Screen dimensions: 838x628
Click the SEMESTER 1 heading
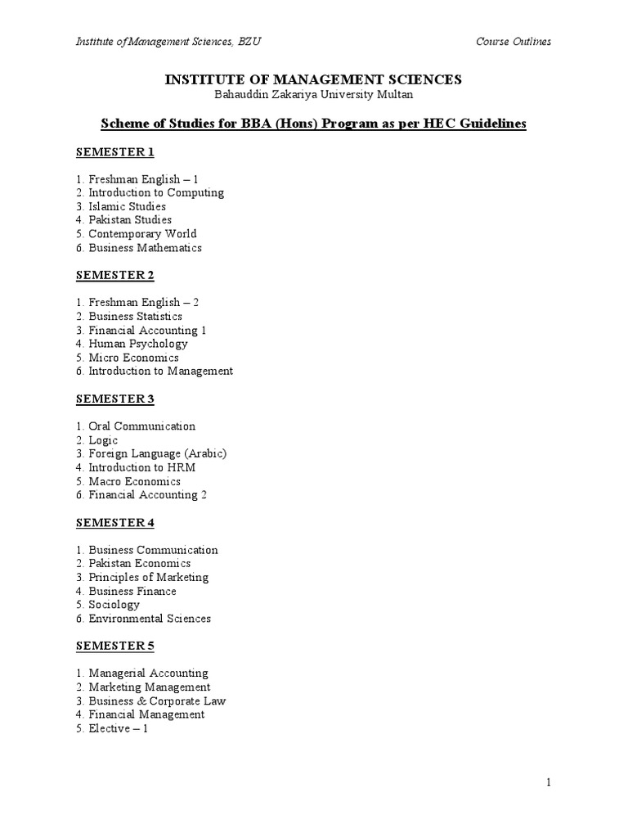coord(114,152)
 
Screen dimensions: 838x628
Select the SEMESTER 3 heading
coord(114,399)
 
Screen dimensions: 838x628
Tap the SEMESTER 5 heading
coord(114,647)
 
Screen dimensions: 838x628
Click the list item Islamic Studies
coord(127,206)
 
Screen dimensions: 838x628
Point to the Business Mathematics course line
coord(145,248)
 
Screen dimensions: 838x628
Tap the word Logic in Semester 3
coord(103,440)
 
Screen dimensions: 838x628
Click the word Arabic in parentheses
coord(205,453)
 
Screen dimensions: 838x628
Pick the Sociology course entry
coord(114,605)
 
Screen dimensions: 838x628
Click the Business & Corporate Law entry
coord(157,701)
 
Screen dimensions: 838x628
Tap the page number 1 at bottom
coord(549,783)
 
